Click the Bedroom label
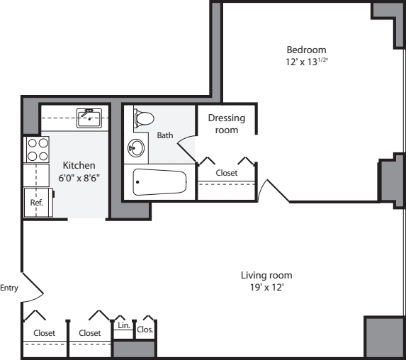coord(306,50)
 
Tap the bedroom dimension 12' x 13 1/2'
coord(306,62)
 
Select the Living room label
coord(266,275)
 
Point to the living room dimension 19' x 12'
coord(266,288)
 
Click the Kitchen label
coord(79,165)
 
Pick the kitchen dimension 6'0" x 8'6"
coord(79,177)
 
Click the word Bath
coord(164,135)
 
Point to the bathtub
coord(159,183)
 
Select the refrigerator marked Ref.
coord(36,202)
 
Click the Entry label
coord(9,287)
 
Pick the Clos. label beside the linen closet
coord(145,330)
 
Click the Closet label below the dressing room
coord(226,172)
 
